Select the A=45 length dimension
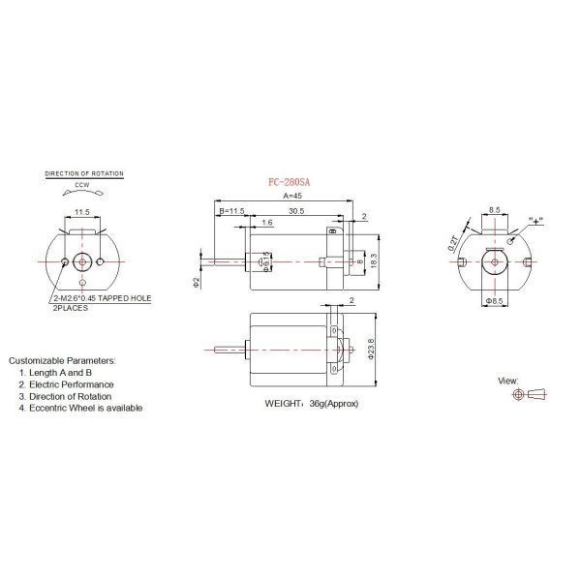pyautogui.click(x=293, y=196)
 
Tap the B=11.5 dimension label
pyautogui.click(x=233, y=210)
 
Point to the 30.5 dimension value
pyautogui.click(x=296, y=210)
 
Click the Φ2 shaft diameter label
pyautogui.click(x=196, y=282)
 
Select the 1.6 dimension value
pyautogui.click(x=265, y=223)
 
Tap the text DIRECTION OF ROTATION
pyautogui.click(x=85, y=173)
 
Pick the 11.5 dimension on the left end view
pyautogui.click(x=82, y=210)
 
